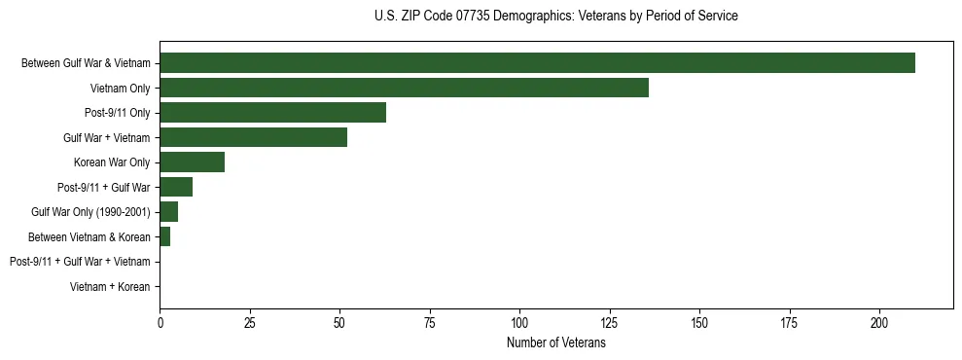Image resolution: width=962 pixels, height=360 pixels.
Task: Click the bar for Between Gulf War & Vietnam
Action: coord(537,63)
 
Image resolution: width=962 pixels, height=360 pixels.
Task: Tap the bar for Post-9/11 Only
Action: coord(272,113)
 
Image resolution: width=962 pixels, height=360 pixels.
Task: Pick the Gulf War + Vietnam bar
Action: coord(253,137)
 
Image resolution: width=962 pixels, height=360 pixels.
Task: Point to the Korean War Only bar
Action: coord(192,162)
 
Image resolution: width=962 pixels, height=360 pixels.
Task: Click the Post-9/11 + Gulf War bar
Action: coord(176,187)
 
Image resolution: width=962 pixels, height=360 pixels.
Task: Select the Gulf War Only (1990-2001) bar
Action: coord(168,212)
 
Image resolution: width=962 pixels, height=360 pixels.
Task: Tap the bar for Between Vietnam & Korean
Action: coord(165,236)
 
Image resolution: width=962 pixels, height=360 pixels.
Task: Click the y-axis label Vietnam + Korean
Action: coord(110,287)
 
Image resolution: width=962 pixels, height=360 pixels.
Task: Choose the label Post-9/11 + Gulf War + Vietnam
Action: coord(80,262)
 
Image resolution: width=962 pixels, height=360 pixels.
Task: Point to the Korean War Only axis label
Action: coord(112,162)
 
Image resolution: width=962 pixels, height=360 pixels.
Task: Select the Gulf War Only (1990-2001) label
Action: coord(90,212)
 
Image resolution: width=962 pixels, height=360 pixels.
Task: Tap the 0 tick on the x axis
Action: coord(160,322)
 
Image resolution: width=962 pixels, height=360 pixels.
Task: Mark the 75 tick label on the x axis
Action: coord(430,322)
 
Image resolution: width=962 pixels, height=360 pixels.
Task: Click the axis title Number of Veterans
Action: coord(555,342)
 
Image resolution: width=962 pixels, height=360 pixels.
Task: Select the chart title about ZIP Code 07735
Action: coord(555,17)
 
